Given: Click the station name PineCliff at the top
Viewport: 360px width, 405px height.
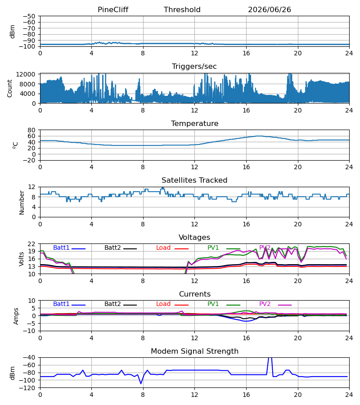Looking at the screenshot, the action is coord(113,10).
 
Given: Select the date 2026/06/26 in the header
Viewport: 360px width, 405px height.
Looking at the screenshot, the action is coord(270,10).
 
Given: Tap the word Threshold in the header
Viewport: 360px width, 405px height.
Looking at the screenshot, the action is coord(182,10).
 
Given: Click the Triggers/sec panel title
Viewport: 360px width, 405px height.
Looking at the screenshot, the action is coord(194,67).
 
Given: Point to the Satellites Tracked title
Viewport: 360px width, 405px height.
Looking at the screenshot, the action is coord(194,180).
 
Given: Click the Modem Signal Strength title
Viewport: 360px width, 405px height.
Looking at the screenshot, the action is coord(194,351).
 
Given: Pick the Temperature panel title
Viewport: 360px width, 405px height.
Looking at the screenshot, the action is coord(194,123).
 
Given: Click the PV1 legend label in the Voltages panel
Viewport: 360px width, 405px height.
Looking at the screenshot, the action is coord(213,247).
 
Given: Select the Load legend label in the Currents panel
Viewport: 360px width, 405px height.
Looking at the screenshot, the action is coord(163,304).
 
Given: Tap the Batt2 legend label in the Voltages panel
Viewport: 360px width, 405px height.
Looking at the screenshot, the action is coord(112,247).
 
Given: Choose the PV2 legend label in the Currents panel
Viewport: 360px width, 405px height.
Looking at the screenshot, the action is coord(265,304).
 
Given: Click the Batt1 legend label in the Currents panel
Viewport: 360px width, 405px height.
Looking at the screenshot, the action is coord(61,304).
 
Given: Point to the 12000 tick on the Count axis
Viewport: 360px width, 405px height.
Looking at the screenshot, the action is coord(26,74).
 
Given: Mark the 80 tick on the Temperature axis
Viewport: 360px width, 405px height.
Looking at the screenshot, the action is coord(31,130).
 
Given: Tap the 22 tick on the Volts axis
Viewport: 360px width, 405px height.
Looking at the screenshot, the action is coord(31,244).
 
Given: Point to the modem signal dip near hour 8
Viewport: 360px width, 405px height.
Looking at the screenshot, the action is coord(141,383).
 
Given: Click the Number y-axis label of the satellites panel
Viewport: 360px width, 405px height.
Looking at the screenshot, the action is coord(22,202).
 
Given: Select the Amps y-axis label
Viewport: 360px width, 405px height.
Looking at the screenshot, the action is coord(16,316).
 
